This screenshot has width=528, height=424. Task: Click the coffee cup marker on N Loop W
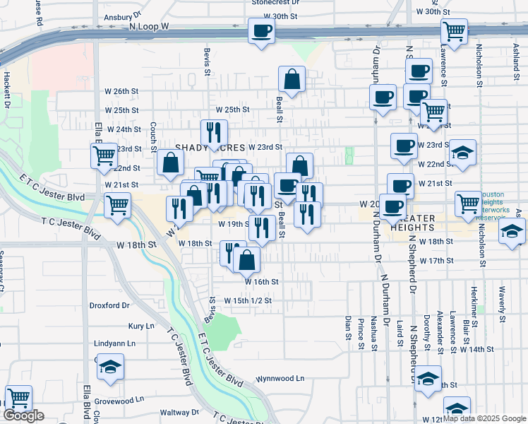[x=261, y=32]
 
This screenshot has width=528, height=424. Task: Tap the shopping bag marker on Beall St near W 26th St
[x=292, y=78]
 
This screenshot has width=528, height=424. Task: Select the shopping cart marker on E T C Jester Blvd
[x=117, y=206]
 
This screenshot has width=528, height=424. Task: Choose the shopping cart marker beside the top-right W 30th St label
[x=454, y=31]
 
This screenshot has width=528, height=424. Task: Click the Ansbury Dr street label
[x=113, y=16]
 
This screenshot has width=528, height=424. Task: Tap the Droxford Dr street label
[x=109, y=306]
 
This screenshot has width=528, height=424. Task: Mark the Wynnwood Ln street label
[x=280, y=378]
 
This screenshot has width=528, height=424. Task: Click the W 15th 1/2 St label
[x=248, y=300]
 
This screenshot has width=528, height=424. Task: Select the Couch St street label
[x=153, y=131]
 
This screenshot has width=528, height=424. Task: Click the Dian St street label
[x=348, y=328]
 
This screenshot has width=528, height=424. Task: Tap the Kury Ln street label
[x=141, y=326]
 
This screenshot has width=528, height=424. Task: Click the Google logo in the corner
[x=23, y=416]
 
